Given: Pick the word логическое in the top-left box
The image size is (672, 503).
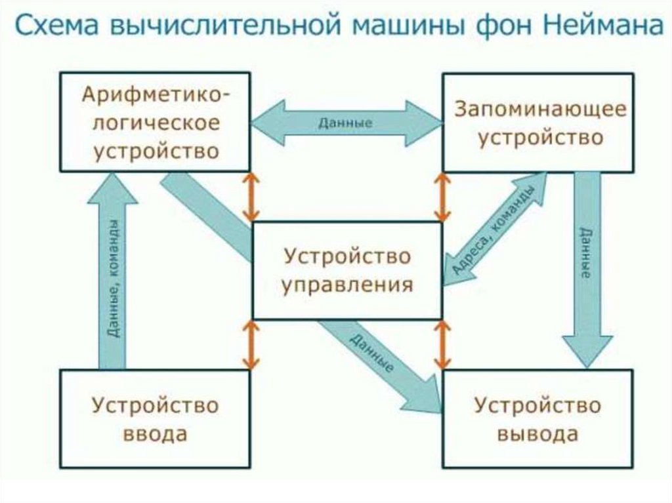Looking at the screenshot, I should point(156,123).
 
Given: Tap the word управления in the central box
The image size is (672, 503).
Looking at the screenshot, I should point(348,285).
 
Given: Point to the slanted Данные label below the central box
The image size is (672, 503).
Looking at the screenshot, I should point(371,353).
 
